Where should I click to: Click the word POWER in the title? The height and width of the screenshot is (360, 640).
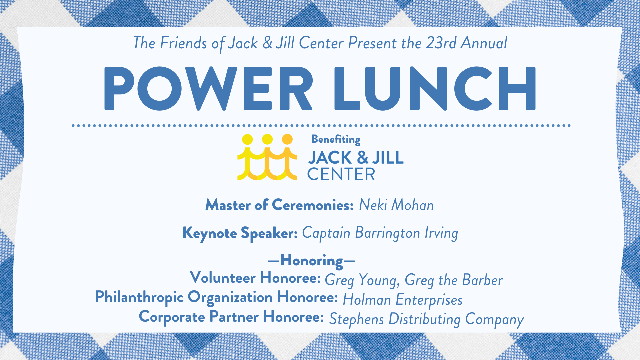tap(208, 89)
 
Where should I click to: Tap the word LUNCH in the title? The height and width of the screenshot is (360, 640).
tap(435, 89)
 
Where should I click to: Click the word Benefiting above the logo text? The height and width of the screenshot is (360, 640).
tap(336, 139)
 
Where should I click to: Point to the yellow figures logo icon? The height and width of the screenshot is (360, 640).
tap(267, 157)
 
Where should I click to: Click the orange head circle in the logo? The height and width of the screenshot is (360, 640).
tap(287, 139)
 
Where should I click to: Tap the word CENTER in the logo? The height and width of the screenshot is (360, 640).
tap(341, 174)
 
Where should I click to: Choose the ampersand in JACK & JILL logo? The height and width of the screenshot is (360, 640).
tap(362, 157)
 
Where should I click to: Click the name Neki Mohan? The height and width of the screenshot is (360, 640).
tap(396, 205)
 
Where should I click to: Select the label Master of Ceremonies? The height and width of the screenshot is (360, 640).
tap(279, 205)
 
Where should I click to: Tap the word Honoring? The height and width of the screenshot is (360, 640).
tap(312, 261)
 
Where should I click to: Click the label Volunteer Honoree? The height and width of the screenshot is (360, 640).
tap(255, 278)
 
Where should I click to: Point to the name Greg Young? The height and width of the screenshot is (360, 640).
tap(362, 280)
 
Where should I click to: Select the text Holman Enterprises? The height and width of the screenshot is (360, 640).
tap(403, 300)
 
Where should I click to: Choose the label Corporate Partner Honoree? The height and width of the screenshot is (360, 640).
tap(231, 317)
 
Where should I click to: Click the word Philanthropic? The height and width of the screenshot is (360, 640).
tap(139, 297)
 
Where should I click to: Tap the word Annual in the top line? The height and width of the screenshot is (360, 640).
tap(484, 43)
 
